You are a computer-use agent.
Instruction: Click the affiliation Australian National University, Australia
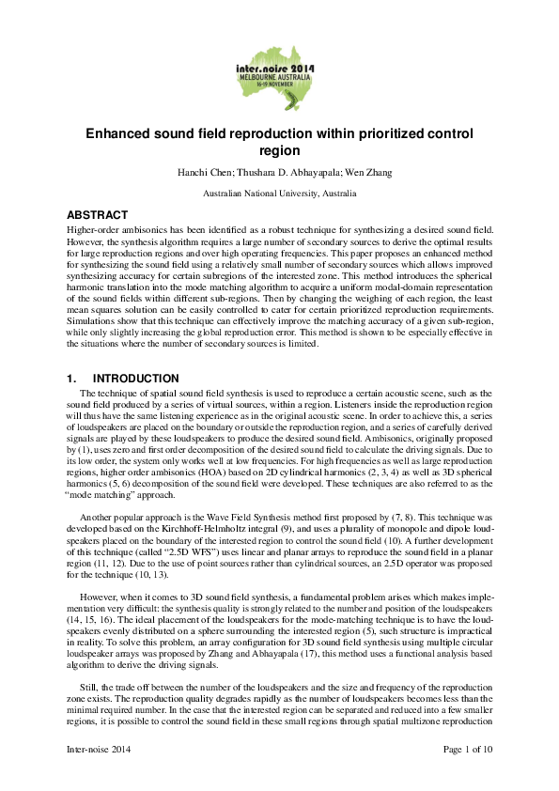[x=279, y=193]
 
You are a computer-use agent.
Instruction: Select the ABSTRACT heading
[x=97, y=215]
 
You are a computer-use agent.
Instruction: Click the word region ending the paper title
[x=279, y=149]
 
